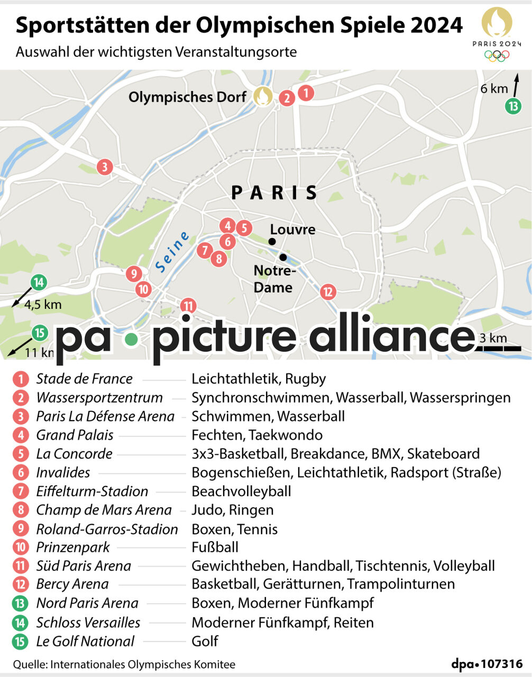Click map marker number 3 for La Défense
click(x=105, y=167)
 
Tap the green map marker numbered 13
click(x=512, y=106)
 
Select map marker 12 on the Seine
click(x=328, y=291)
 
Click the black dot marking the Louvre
click(x=272, y=242)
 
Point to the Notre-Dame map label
click(x=273, y=279)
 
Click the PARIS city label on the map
click(x=274, y=193)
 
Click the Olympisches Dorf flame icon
click(x=263, y=96)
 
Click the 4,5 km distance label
click(x=43, y=305)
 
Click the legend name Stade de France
click(x=84, y=379)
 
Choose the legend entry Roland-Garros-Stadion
click(x=107, y=529)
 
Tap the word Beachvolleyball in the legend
click(x=241, y=491)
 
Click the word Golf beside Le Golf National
click(x=205, y=642)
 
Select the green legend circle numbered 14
click(x=21, y=623)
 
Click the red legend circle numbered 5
click(x=21, y=454)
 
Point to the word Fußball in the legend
click(x=215, y=547)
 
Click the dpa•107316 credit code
click(x=487, y=664)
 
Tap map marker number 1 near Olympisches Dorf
click(x=305, y=93)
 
